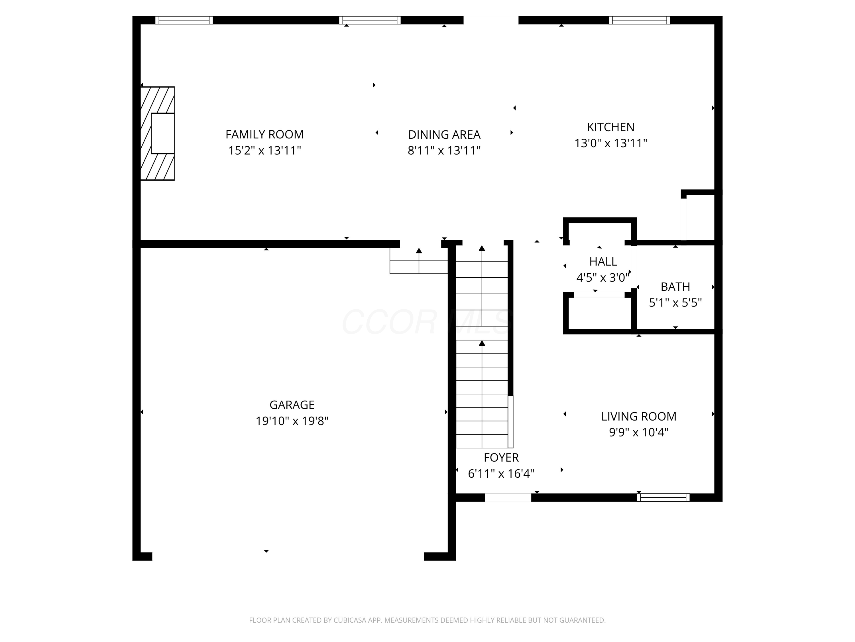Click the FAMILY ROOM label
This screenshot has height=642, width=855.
coord(264,134)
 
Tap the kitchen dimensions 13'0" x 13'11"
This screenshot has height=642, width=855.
coord(611,143)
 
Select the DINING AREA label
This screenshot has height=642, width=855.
coord(444,135)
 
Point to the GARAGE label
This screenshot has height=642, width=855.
coord(292,405)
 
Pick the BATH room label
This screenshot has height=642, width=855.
coord(675,287)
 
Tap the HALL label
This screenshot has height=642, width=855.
coord(603,262)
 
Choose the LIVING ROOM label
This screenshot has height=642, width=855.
coord(639,416)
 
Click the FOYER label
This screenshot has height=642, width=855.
coord(501,457)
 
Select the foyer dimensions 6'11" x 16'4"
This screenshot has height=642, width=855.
coord(501,473)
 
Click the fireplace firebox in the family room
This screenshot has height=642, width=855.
coord(163,134)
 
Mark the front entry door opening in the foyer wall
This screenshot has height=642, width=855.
coord(508,497)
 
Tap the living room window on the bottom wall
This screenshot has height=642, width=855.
coord(663,497)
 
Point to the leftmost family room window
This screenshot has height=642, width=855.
coord(184,20)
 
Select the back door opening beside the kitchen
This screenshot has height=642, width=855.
coord(491,20)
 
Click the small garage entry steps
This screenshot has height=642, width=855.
coord(419,261)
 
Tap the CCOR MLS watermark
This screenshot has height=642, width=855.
coord(427,322)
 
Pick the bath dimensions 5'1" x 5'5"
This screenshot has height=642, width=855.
coord(675,303)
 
